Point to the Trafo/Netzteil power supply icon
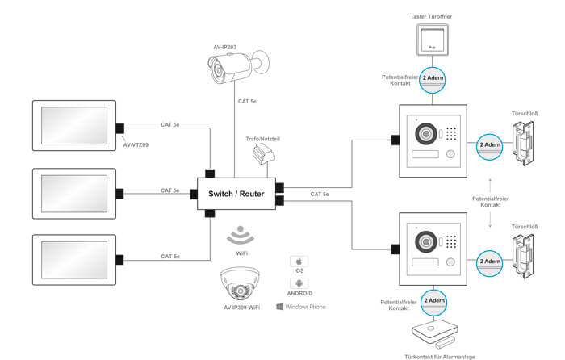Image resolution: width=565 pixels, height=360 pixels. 261,153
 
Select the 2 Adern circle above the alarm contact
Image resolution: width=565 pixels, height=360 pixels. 434,300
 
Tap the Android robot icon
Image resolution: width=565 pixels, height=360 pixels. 300,283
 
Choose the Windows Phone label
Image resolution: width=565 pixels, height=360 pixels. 302,307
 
